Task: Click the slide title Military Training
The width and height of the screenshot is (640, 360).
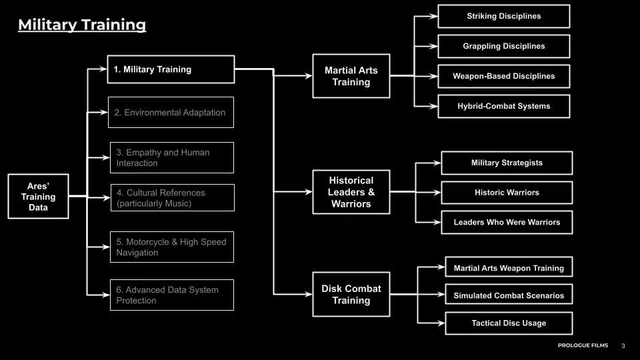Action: point(81,25)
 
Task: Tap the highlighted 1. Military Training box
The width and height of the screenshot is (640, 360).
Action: point(171,69)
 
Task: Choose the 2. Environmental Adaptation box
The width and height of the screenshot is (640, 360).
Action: point(171,113)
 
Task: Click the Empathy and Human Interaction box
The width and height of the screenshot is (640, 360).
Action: point(171,158)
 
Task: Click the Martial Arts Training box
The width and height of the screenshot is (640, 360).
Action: point(351,76)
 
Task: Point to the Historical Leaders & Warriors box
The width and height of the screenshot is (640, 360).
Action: point(351,192)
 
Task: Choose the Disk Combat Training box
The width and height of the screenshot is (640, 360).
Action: point(351,295)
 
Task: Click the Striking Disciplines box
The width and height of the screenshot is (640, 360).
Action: point(503,16)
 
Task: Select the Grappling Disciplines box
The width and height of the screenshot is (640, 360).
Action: point(503,46)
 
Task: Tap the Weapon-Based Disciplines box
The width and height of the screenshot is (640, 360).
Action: point(503,76)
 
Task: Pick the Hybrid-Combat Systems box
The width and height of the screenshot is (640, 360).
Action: point(503,106)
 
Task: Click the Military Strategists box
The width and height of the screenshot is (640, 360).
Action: point(507,163)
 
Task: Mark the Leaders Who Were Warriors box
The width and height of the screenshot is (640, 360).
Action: point(507,222)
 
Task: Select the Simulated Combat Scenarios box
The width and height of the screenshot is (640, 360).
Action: point(508,295)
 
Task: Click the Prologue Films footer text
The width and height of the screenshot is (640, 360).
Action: point(582,345)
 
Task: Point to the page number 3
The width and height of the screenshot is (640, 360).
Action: point(623,345)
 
